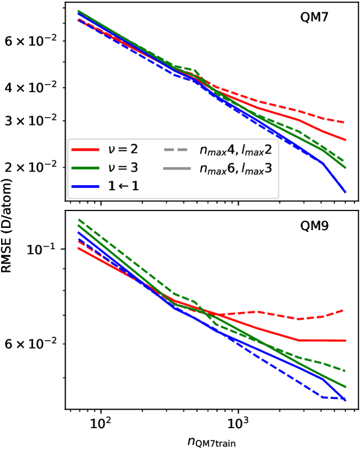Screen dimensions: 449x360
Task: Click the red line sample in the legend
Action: (x=85, y=150)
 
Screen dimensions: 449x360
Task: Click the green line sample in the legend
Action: (x=85, y=168)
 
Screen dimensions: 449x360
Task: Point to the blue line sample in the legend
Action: (x=85, y=186)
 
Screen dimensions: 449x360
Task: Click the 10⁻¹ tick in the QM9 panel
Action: (x=47, y=248)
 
